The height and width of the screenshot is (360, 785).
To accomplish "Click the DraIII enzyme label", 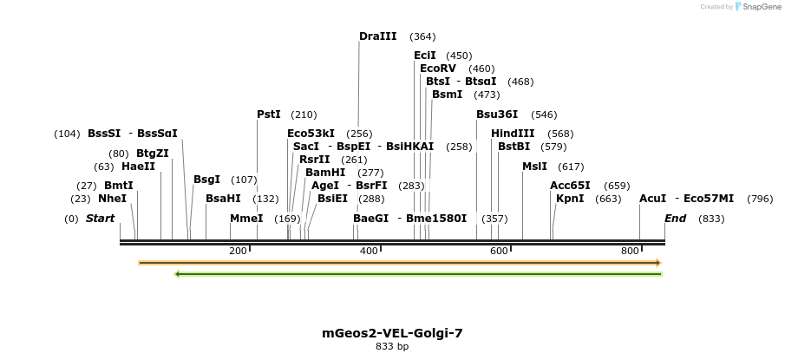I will tap(377, 36).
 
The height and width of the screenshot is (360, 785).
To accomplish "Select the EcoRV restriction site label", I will tap(437, 69).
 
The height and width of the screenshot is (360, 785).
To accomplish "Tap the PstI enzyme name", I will tap(269, 115).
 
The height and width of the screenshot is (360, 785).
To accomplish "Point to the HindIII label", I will tap(513, 134).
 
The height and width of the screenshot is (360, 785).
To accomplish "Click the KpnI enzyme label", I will tap(570, 199).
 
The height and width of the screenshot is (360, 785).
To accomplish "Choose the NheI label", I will tap(112, 199).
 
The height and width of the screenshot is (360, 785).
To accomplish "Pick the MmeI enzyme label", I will tap(246, 219).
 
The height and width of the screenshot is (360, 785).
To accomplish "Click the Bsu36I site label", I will tap(497, 115).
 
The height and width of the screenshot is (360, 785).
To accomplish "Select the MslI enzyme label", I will tap(534, 167).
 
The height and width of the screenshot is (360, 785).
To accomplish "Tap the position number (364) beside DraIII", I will tap(422, 37).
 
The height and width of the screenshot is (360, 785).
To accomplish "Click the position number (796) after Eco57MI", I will tap(759, 200).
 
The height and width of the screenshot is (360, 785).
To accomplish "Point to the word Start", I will tap(100, 219).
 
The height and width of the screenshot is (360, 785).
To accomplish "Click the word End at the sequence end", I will tap(675, 219).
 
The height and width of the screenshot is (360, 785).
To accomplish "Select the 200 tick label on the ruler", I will tap(238, 252).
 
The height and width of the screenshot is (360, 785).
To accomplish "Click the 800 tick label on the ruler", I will tap(630, 252).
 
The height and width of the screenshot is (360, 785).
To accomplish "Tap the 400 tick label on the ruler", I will tap(369, 252).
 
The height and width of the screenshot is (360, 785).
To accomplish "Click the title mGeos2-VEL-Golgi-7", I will tap(392, 333).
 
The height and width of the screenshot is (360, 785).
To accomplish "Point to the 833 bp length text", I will tap(392, 347).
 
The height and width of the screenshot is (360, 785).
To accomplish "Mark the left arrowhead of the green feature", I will tap(177, 274).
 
